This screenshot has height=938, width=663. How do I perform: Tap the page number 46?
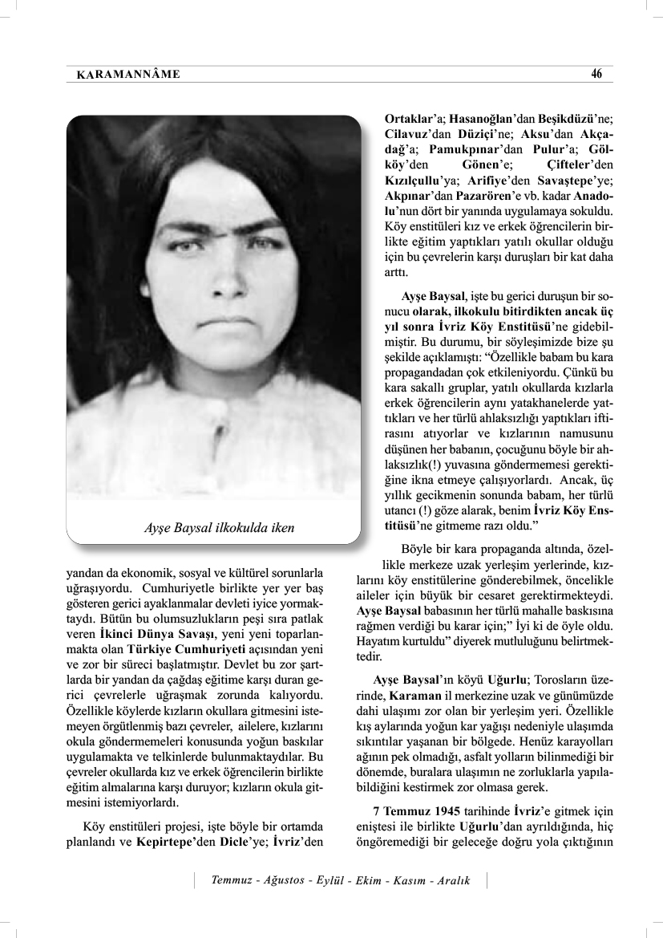click(x=596, y=74)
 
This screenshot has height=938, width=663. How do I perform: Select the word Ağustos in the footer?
click(x=283, y=880)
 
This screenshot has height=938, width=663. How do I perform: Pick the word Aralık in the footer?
click(x=453, y=880)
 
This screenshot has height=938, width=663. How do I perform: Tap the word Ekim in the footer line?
click(x=367, y=880)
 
